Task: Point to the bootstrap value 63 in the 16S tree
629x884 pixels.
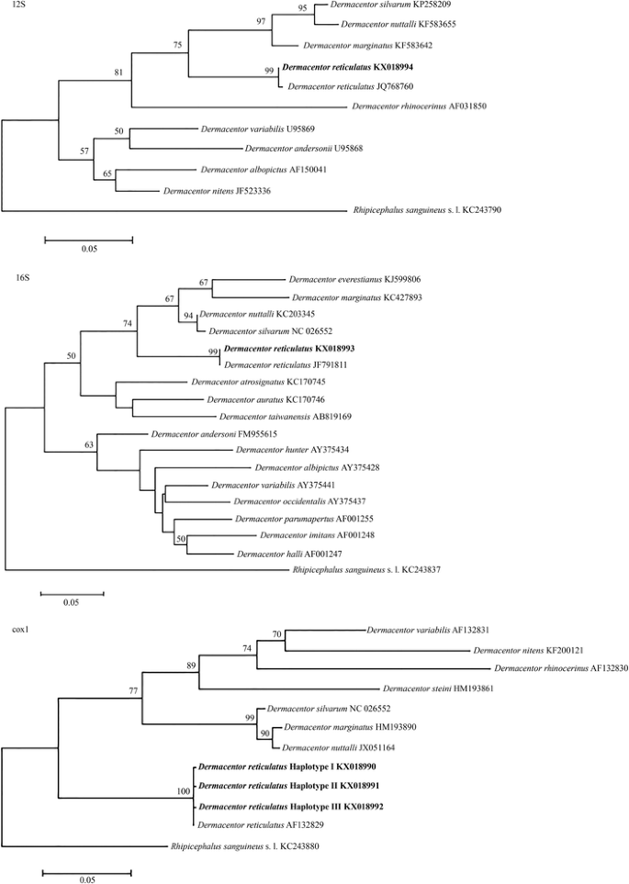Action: pos(89,445)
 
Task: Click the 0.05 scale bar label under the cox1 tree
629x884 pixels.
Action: pos(87,879)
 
